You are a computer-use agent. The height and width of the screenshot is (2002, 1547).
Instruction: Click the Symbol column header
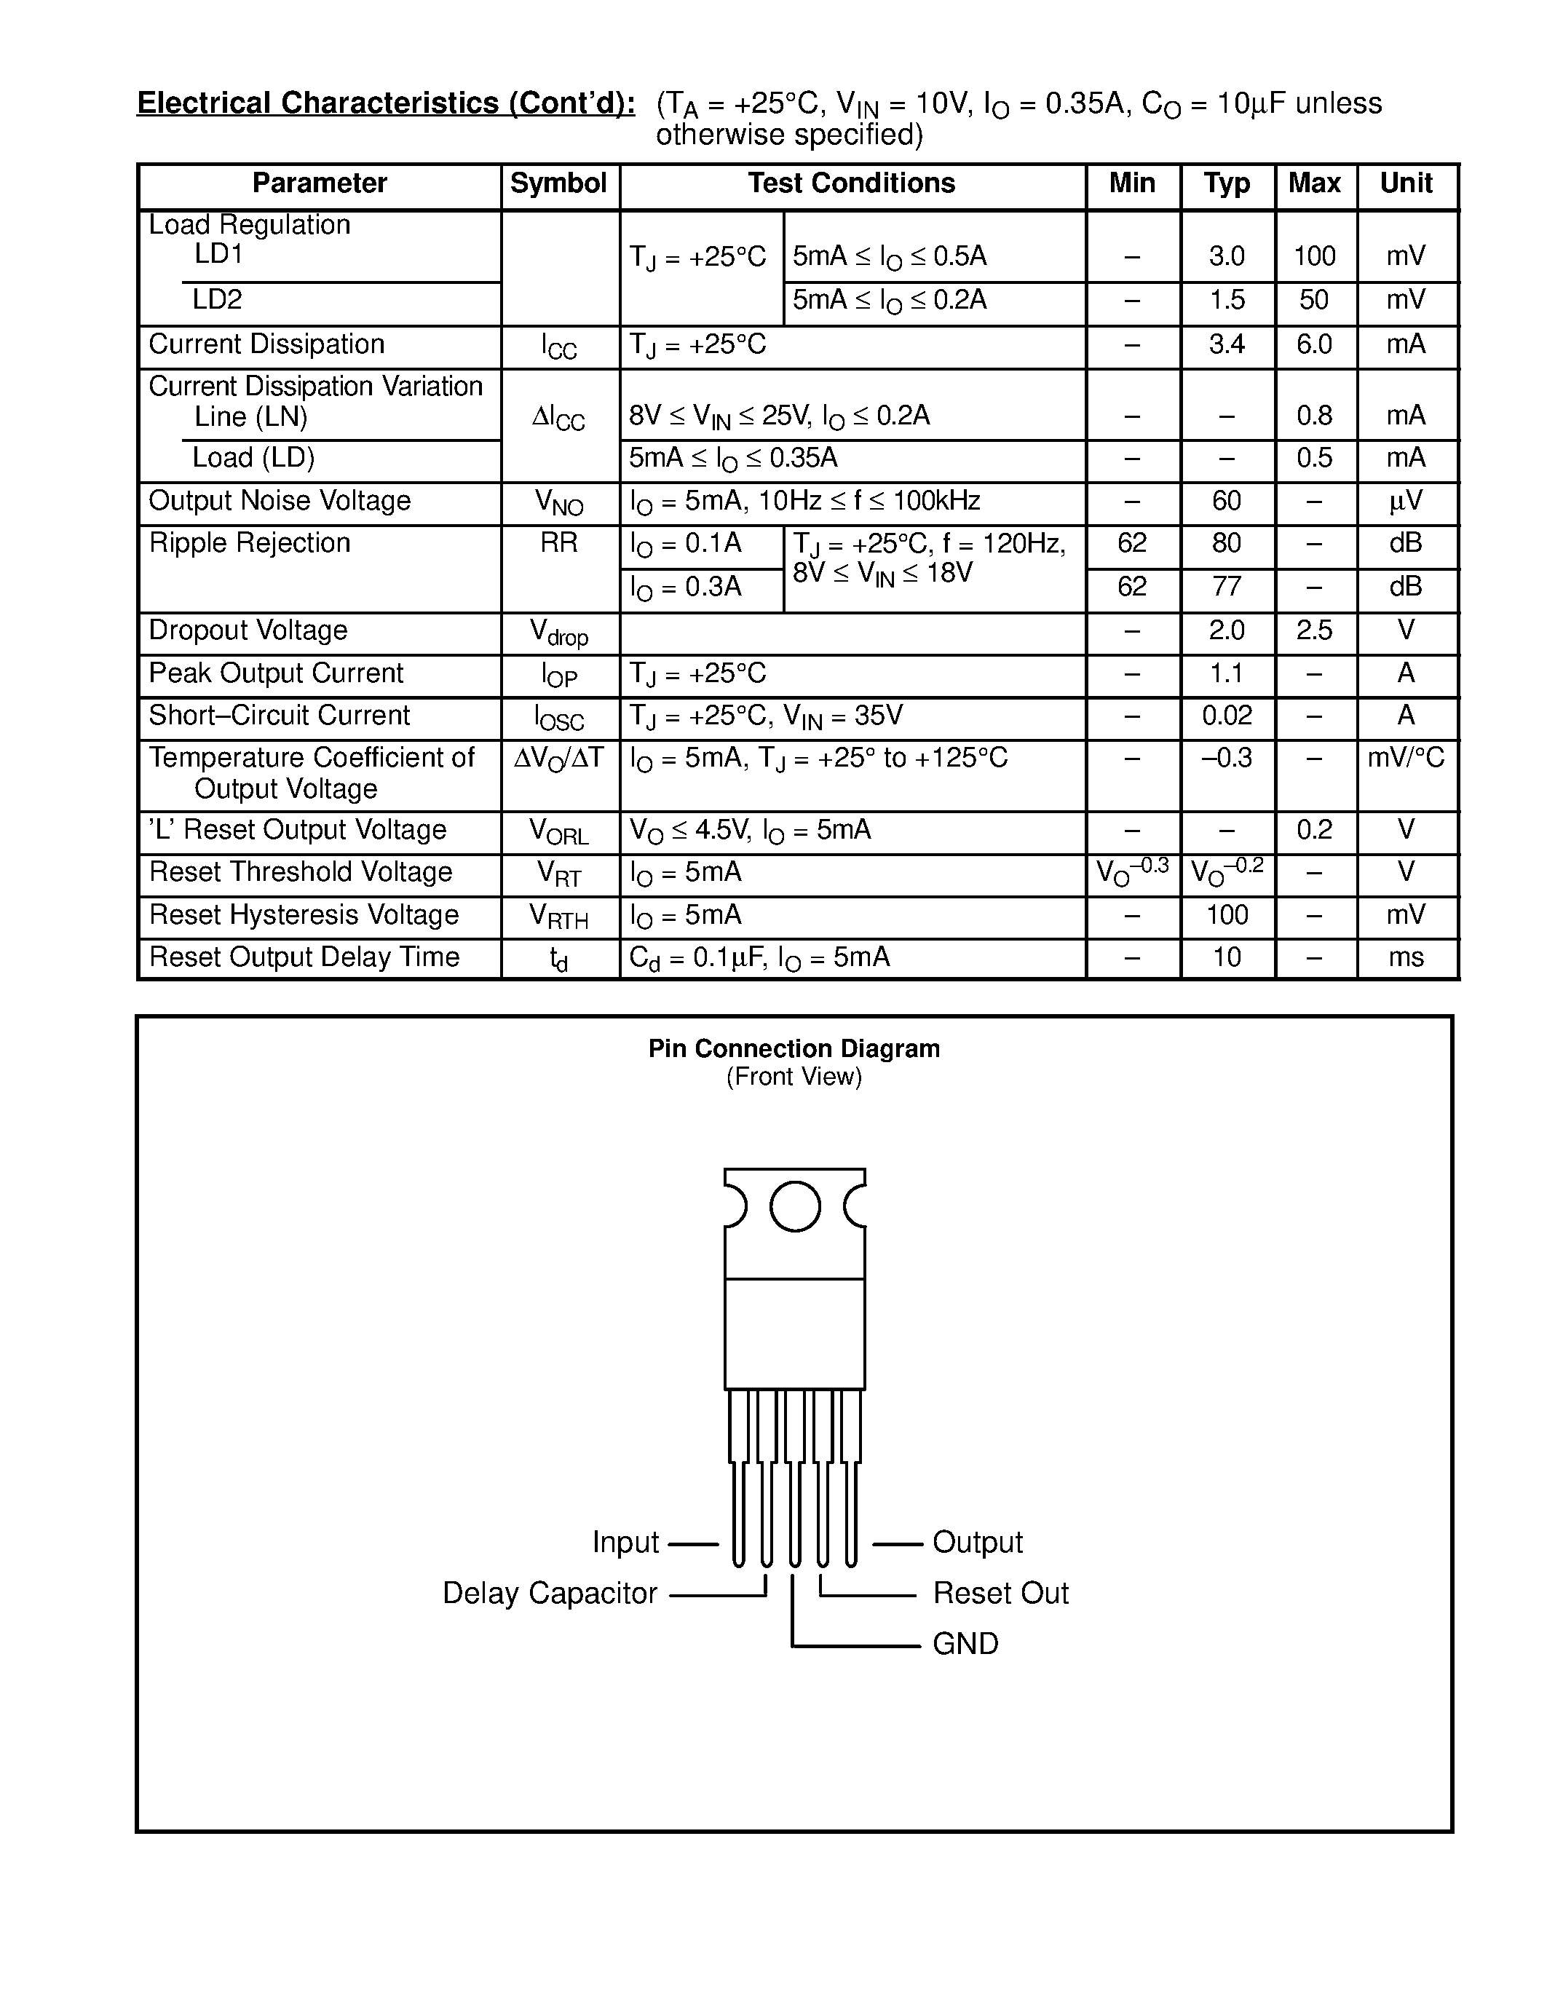click(x=558, y=184)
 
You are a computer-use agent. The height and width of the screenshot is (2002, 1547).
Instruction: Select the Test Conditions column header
click(x=852, y=184)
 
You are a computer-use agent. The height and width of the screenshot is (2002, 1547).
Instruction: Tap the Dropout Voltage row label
click(x=248, y=630)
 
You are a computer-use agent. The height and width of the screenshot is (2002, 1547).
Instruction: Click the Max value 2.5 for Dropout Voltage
click(x=1314, y=630)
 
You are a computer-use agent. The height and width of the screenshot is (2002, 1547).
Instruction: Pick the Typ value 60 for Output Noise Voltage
click(x=1226, y=501)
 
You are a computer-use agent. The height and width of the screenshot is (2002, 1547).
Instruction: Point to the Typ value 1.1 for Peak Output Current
click(x=1226, y=673)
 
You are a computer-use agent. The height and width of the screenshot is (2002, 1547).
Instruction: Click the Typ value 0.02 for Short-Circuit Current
click(x=1226, y=716)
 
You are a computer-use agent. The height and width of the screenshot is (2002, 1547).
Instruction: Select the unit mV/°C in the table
click(x=1406, y=758)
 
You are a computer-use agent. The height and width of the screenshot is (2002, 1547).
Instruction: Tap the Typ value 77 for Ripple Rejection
click(x=1226, y=587)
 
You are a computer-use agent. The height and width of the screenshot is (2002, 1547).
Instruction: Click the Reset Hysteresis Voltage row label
click(x=304, y=915)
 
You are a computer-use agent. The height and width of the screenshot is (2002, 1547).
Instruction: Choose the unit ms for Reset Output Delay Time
click(x=1406, y=958)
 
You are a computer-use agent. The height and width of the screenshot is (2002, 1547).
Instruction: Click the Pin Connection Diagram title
click(x=794, y=1048)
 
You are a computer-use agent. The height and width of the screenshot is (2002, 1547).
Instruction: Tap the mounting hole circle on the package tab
click(x=794, y=1206)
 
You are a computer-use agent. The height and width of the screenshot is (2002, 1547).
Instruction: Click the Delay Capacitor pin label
click(x=550, y=1593)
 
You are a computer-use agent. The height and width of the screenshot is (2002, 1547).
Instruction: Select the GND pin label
click(x=965, y=1644)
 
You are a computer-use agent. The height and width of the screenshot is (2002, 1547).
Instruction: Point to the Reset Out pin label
click(x=1000, y=1593)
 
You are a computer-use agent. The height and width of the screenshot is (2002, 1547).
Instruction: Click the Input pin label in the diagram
click(x=625, y=1543)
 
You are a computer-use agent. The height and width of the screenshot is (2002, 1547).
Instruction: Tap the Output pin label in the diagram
click(x=977, y=1543)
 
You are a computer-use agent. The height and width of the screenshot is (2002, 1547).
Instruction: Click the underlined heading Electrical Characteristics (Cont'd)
click(x=386, y=103)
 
